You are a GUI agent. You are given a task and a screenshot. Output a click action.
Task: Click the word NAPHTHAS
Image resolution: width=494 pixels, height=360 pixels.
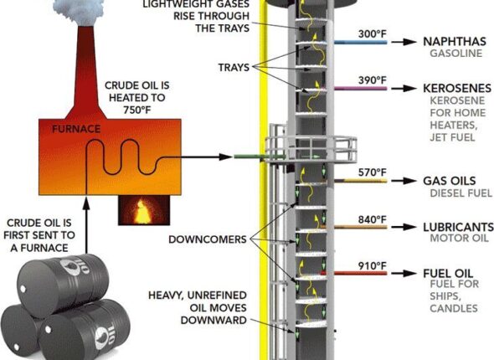click(454, 41)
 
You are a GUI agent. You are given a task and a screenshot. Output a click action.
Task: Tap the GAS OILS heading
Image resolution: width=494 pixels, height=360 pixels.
click(449, 181)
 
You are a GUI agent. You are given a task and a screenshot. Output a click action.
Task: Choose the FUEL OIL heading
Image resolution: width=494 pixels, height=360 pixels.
click(447, 274)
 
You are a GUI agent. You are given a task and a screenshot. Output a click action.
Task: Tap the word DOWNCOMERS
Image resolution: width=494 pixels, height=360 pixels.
click(207, 239)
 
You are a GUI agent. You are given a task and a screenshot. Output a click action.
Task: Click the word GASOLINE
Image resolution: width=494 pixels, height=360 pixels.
click(451, 54)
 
